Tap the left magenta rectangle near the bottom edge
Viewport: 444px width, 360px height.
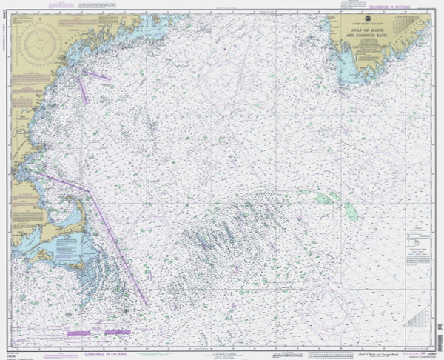78,333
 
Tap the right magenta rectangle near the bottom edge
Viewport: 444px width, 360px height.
118,332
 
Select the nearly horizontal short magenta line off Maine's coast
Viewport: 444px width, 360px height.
96,74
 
